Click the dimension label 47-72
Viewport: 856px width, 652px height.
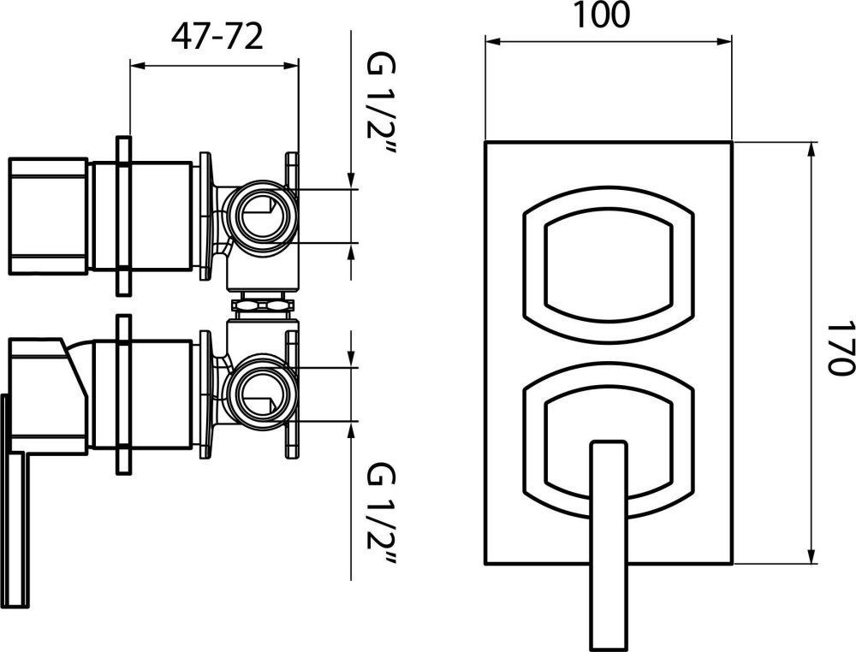click(217, 37)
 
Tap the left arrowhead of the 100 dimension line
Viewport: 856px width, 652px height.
click(492, 39)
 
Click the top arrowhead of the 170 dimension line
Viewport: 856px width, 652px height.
click(811, 147)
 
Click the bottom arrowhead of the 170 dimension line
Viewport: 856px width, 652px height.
click(811, 557)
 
